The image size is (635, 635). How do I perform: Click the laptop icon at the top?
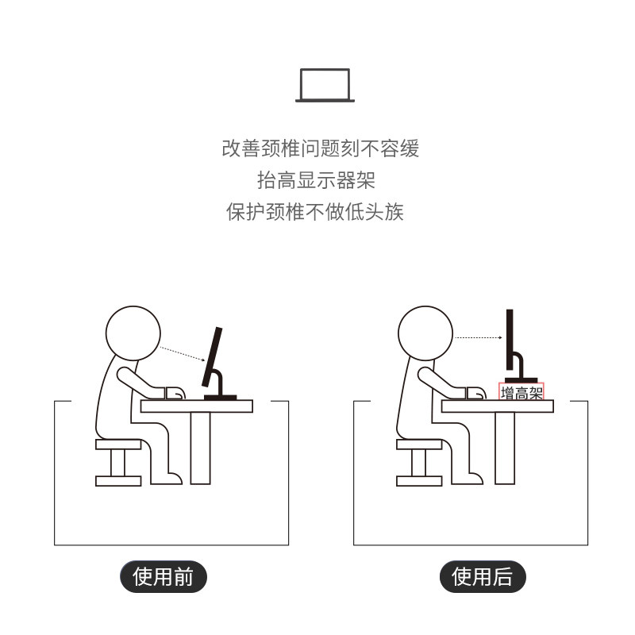click(x=325, y=86)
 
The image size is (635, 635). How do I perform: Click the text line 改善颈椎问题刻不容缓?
click(x=320, y=148)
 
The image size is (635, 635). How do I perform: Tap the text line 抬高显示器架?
click(x=316, y=180)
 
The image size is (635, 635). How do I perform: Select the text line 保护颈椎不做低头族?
click(x=315, y=212)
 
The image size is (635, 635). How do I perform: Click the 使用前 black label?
click(x=163, y=577)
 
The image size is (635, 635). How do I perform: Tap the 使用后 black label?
click(x=483, y=577)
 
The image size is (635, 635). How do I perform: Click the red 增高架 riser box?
click(x=521, y=391)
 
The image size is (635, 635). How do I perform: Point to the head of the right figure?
click(x=425, y=334)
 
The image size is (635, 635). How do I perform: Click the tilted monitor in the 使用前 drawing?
click(x=212, y=357)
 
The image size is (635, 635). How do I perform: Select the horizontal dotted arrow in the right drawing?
click(x=479, y=338)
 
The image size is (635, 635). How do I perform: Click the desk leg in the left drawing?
click(x=201, y=448)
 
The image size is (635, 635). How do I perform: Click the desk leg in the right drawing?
click(x=505, y=448)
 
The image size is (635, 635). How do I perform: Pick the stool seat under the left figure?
click(x=117, y=444)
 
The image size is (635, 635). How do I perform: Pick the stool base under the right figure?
click(x=418, y=480)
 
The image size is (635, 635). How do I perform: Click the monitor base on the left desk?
click(x=220, y=396)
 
